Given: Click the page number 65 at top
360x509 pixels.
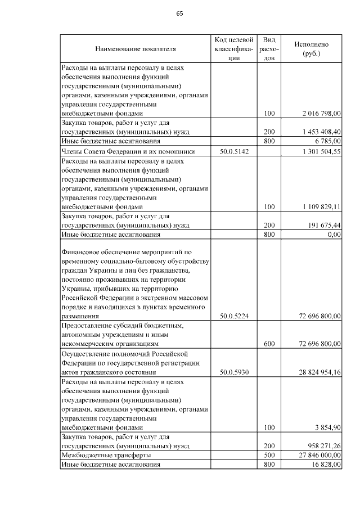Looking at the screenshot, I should tap(179, 13).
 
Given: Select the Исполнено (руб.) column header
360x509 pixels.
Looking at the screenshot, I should tap(311, 49).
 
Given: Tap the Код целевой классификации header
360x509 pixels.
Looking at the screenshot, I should tap(234, 49).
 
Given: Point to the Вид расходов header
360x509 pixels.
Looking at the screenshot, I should tap(269, 49).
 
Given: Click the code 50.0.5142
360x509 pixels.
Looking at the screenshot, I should tap(234, 151).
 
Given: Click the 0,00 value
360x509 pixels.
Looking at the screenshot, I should tap(334, 235).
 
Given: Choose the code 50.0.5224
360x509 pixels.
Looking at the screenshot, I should tap(234, 317).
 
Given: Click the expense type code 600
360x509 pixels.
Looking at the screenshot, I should tap(269, 344).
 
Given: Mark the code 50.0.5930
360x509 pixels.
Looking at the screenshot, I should tap(234, 372).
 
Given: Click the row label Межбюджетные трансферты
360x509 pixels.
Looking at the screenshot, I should tap(106, 455).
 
